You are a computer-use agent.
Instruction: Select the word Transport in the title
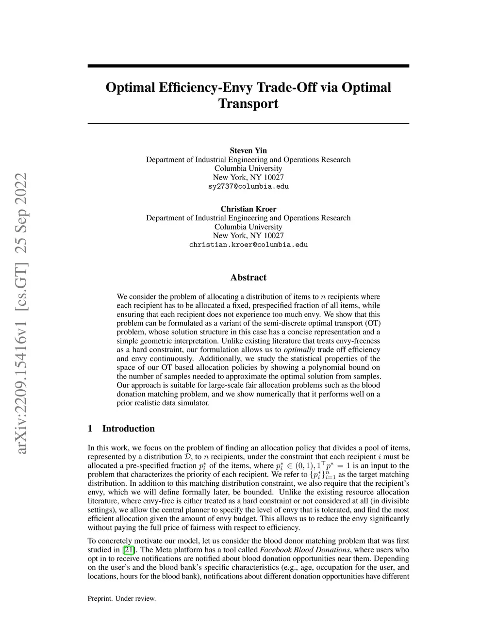click(248, 104)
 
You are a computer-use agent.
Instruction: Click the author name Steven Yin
click(248, 150)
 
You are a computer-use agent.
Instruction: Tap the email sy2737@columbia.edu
click(248, 186)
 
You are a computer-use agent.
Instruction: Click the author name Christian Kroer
click(248, 209)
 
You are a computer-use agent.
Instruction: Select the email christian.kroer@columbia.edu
click(248, 245)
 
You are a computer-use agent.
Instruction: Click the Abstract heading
click(248, 278)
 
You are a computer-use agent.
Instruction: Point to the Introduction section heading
click(128, 429)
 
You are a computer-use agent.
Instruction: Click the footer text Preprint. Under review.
click(121, 598)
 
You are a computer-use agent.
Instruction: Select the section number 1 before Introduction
click(90, 429)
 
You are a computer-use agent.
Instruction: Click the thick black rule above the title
click(248, 66)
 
